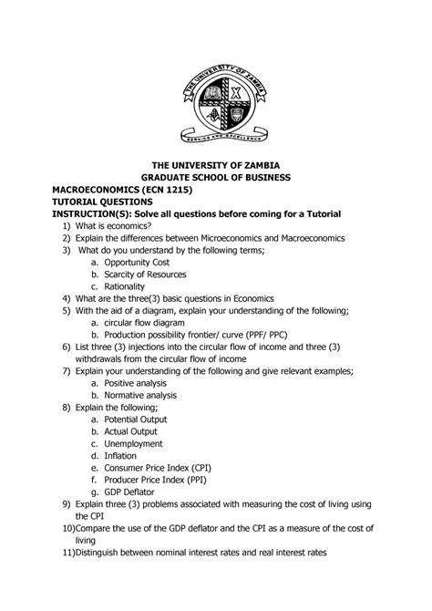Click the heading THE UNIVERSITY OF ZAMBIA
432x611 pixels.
tap(216, 163)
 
